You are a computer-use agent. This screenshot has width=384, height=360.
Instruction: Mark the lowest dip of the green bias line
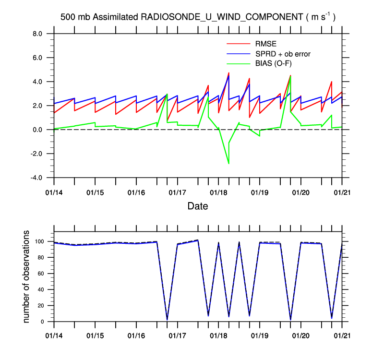[x=228, y=164]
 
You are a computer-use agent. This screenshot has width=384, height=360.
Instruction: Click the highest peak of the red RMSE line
[x=229, y=73]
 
